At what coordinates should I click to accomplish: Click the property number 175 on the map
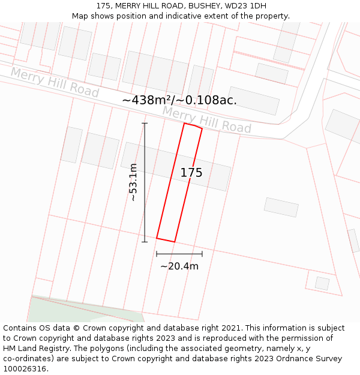pos(191,173)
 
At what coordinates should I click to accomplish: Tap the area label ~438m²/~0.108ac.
pos(179,100)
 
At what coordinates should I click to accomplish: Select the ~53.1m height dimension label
pos(133,182)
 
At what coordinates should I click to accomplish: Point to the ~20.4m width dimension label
pos(179,266)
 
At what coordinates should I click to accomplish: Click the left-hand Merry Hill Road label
pos(55,83)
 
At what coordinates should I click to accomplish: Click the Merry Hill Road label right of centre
pos(206,120)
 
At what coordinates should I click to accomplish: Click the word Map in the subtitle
pos(80,16)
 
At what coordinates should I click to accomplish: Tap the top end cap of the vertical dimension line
pos(145,123)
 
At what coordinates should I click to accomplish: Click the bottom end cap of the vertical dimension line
pos(145,242)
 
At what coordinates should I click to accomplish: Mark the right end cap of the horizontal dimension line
pos(202,254)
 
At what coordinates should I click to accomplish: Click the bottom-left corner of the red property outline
pos(157,238)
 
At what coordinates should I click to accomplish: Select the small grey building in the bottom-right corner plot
pos(322,283)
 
